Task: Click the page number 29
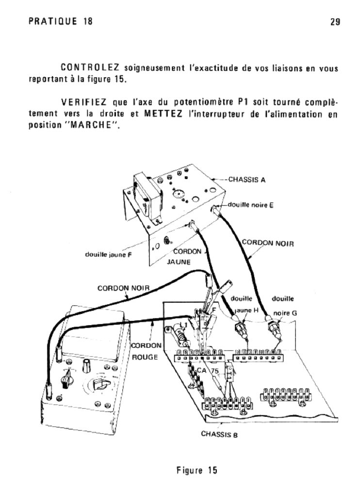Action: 335,22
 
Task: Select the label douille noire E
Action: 251,204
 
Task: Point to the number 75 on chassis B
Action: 216,372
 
